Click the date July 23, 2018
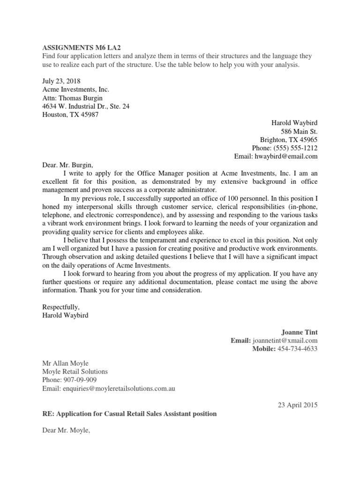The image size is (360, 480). [61, 81]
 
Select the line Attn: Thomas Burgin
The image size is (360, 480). [72, 98]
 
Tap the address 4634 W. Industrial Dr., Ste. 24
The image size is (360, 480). [86, 106]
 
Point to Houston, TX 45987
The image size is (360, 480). [70, 115]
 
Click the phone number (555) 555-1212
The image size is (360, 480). [297, 148]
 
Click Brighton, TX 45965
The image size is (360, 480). [289, 139]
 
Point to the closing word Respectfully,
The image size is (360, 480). [61, 307]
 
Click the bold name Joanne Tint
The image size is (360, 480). [299, 332]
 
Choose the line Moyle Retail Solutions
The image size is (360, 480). [75, 371]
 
